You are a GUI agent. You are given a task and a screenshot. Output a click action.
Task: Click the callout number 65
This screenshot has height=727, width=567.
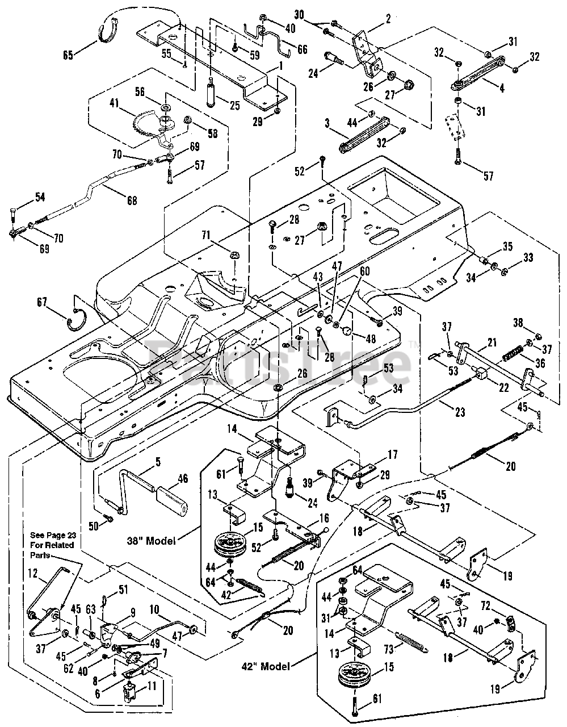(x=68, y=55)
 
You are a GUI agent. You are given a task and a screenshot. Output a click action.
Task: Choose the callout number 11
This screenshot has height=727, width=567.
(x=152, y=687)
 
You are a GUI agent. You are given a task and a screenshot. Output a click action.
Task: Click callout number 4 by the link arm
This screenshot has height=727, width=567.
(x=501, y=89)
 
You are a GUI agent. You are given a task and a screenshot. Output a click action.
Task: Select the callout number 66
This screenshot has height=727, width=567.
(x=302, y=49)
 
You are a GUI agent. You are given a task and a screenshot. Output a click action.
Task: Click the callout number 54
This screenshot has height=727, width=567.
(x=39, y=197)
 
